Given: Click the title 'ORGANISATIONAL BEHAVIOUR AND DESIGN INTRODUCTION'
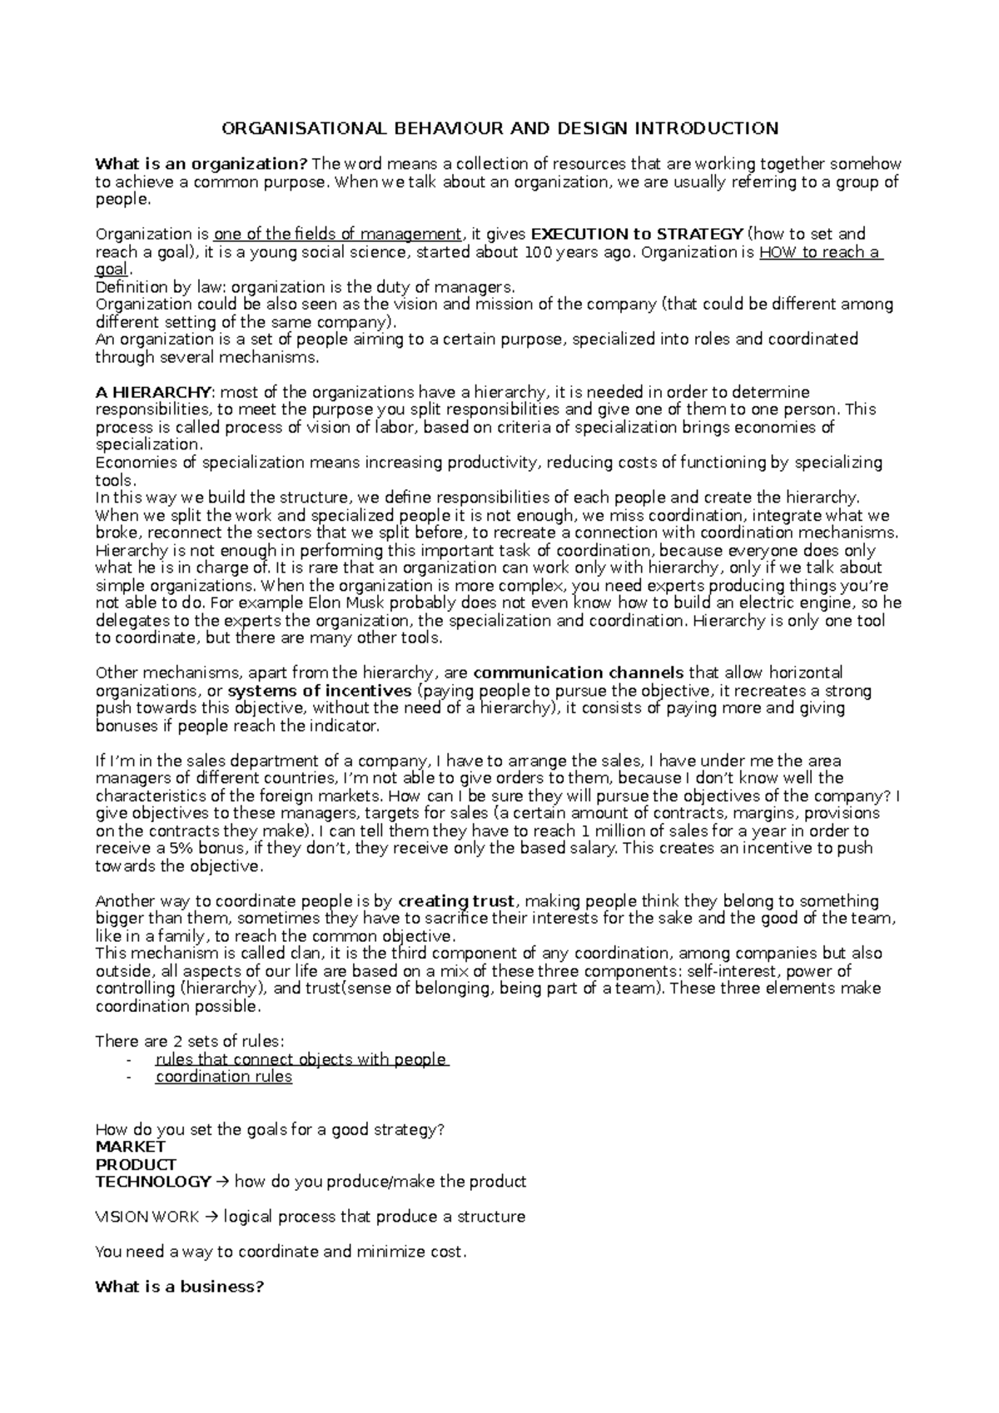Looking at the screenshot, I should pos(499,128).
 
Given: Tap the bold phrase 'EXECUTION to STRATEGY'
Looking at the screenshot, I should pos(637,234).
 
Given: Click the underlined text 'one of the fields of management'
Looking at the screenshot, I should pos(337,234).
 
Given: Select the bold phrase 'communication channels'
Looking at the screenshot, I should pos(578,672).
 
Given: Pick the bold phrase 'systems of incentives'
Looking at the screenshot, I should pos(319,691).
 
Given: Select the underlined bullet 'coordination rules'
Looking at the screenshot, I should pos(224,1077).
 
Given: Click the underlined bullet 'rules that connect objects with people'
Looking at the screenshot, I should pos(301,1059).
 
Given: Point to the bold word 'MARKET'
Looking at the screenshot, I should pos(131,1147).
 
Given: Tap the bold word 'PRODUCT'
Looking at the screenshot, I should pos(136,1164).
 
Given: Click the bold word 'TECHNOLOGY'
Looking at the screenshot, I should pos(153,1182).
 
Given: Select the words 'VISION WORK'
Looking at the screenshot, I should pos(147,1217).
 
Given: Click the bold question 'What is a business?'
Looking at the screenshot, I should pos(180,1287).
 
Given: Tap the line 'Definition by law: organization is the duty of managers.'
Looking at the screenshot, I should pos(306,287).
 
